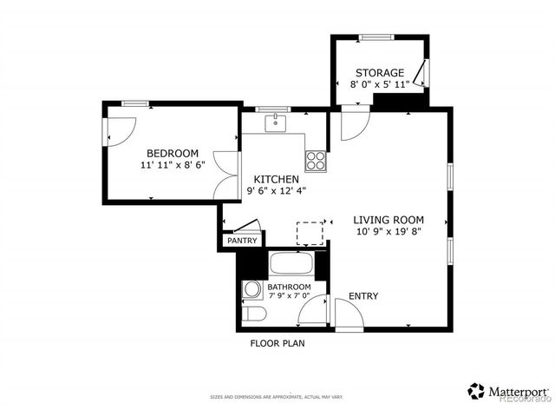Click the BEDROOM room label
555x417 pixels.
click(172, 152)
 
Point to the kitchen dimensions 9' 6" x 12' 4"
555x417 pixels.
click(277, 190)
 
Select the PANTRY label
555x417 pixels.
click(241, 241)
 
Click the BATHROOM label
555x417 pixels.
click(289, 287)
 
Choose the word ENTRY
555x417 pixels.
click(363, 296)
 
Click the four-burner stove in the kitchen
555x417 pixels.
click(315, 161)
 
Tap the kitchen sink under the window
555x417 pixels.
click(276, 122)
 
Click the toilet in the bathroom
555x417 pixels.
click(251, 314)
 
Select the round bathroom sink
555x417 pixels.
click(251, 289)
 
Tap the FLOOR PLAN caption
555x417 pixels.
click(277, 343)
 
